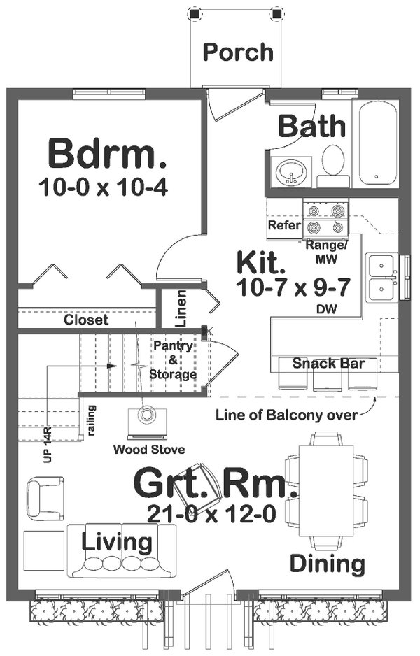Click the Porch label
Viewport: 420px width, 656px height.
coord(238,52)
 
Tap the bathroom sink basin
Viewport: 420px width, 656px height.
coord(288,171)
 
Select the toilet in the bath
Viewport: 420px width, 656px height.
coord(333,164)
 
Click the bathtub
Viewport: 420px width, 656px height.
coord(378,143)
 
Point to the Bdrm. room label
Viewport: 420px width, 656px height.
coord(107,153)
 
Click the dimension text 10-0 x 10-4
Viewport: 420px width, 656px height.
coord(104,187)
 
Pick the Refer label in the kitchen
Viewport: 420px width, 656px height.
coord(284,226)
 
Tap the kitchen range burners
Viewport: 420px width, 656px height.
coord(325,218)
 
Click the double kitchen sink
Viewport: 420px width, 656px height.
coord(381,277)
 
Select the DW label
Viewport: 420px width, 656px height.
coord(323,308)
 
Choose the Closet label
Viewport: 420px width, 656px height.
coord(86,320)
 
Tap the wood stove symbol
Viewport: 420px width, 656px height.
coord(147,416)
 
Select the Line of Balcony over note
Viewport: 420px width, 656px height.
coord(287,414)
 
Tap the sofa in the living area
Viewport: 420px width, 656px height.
coord(122,551)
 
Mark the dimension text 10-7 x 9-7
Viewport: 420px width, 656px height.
coord(293,287)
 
